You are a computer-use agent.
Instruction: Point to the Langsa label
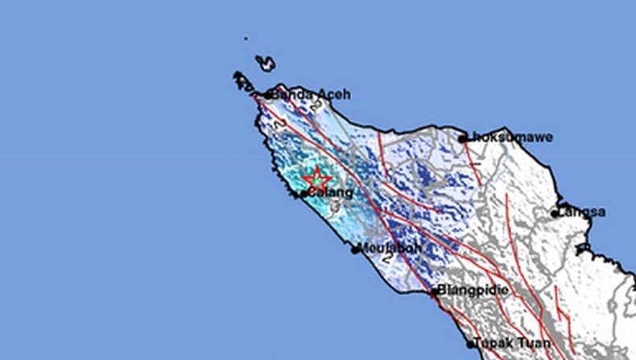coord(583,212)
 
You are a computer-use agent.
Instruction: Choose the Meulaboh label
coord(390,248)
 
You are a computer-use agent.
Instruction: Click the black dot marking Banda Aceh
coord(268,95)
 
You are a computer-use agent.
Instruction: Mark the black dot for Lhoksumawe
coord(463,139)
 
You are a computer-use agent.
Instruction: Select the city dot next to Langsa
coord(555,213)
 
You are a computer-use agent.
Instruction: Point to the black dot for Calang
coord(304,193)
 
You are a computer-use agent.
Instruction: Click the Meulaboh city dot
coord(355,250)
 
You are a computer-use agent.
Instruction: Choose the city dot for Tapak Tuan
coord(471,344)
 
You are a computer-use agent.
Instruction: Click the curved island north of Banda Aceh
coord(266,63)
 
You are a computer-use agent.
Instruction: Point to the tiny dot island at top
coord(246,37)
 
